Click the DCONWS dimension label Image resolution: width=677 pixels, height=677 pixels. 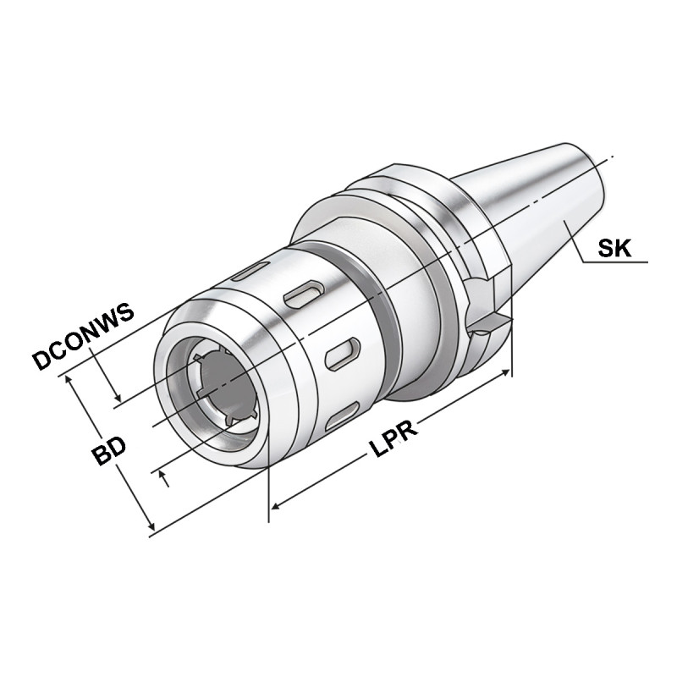tap(84, 338)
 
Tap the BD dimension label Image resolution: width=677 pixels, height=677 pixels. tap(109, 452)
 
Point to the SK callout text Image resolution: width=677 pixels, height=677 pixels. tap(617, 248)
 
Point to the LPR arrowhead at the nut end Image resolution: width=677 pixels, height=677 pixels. tap(275, 508)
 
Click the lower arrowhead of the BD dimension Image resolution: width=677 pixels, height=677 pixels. tap(151, 527)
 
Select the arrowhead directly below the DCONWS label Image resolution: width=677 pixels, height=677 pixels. tap(118, 397)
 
